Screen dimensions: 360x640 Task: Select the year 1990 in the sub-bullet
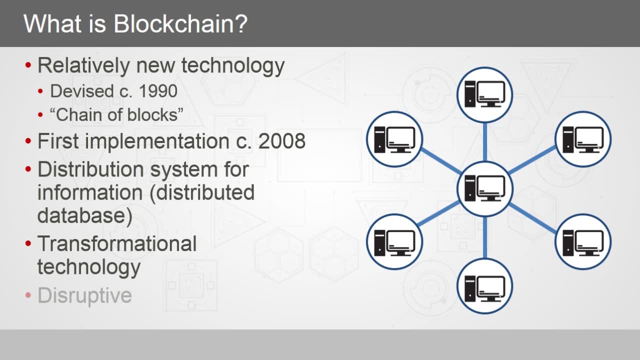(x=158, y=91)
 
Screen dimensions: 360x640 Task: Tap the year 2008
(x=282, y=141)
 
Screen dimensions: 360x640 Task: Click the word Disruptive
(x=84, y=295)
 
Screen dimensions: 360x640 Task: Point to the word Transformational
(x=117, y=243)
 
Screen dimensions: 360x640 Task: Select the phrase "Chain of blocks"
(x=116, y=114)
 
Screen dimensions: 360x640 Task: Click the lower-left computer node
(x=394, y=241)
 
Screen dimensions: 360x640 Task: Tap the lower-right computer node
(x=583, y=241)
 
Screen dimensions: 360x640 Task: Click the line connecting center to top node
(x=484, y=142)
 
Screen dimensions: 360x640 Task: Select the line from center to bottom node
(x=484, y=237)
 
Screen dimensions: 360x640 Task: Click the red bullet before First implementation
(x=28, y=142)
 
